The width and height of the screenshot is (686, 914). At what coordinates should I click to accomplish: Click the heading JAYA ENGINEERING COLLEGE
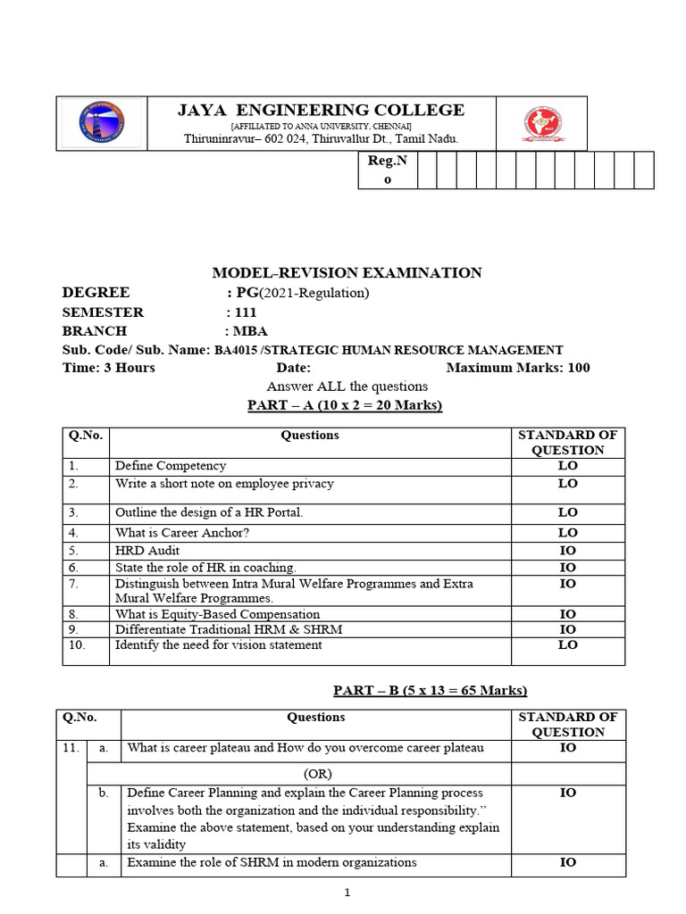(x=321, y=110)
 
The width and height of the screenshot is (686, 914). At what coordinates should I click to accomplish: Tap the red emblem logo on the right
(x=542, y=125)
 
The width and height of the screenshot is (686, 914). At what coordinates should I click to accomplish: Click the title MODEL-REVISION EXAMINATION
(x=347, y=273)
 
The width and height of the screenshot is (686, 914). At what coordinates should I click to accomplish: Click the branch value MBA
(x=242, y=331)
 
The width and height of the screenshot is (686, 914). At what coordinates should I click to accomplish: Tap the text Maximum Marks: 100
(x=517, y=368)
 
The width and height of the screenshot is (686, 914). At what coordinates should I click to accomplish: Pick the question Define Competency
(x=171, y=466)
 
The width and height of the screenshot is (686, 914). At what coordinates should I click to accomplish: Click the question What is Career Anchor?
(x=182, y=533)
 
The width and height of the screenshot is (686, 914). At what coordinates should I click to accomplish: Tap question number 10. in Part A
(x=77, y=645)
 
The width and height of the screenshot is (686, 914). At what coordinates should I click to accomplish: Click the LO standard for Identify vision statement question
(x=567, y=645)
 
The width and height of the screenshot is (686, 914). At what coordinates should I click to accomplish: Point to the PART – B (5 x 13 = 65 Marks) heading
(x=431, y=690)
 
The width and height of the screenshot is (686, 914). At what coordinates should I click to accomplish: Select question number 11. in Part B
(x=71, y=748)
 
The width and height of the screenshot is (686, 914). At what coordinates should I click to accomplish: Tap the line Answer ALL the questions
(x=347, y=386)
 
